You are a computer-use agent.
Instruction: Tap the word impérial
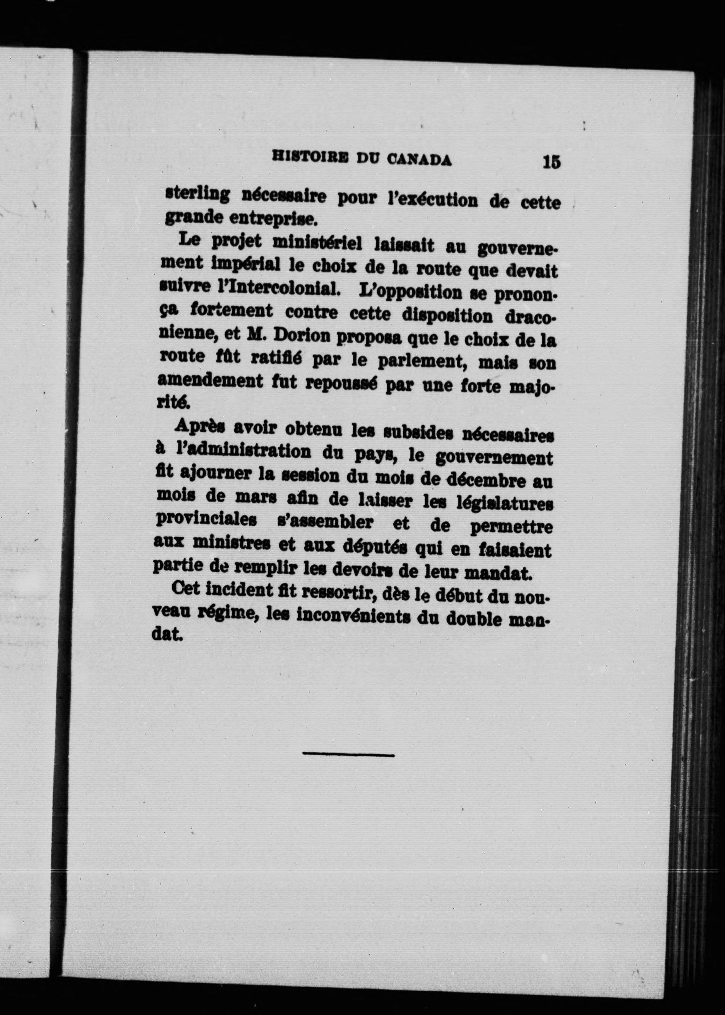[246, 266]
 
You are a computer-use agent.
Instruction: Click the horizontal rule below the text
[348, 754]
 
